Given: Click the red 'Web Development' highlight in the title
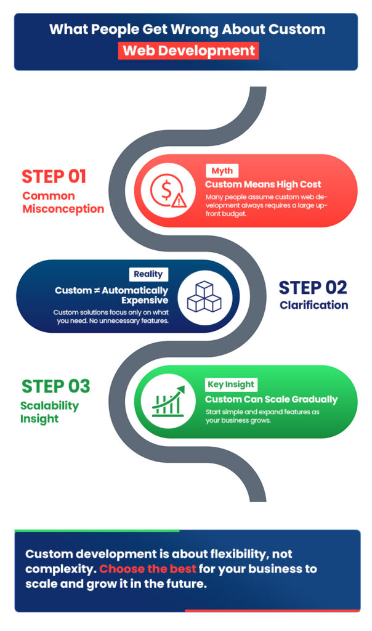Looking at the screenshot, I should point(188,50).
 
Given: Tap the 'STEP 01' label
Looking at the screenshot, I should point(54,176).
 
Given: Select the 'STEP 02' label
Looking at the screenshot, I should point(313,288).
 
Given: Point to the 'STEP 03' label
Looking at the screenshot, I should point(56,386).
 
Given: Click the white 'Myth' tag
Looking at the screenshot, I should point(222,171).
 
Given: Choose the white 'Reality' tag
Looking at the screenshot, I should point(148,274).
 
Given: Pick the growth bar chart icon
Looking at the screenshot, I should point(166,401).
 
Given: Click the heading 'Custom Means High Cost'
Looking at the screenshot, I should point(263,184).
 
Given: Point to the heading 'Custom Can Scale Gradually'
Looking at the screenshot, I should point(271,399).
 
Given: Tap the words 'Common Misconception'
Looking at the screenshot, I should point(63,202).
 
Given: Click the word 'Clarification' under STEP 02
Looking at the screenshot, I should point(313,305).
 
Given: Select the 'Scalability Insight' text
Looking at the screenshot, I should point(49,412).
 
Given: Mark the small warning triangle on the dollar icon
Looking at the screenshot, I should point(177,200).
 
